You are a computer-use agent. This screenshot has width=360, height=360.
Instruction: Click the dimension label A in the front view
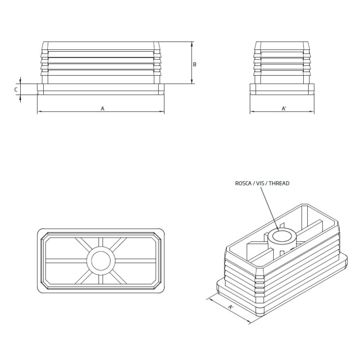tap(102, 108)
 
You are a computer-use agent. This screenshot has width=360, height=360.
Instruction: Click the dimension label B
tap(194, 64)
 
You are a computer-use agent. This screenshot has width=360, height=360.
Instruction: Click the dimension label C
tap(16, 89)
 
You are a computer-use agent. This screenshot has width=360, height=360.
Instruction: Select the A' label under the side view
tap(284, 108)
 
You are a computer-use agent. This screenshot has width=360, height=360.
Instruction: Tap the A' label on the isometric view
tap(231, 307)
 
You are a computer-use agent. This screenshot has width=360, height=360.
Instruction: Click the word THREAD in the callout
tap(278, 183)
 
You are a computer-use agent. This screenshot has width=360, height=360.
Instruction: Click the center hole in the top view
tap(101, 261)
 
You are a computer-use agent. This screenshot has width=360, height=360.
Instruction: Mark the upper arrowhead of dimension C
tap(20, 81)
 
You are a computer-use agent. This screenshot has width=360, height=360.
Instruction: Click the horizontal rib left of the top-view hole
tap(65, 261)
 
